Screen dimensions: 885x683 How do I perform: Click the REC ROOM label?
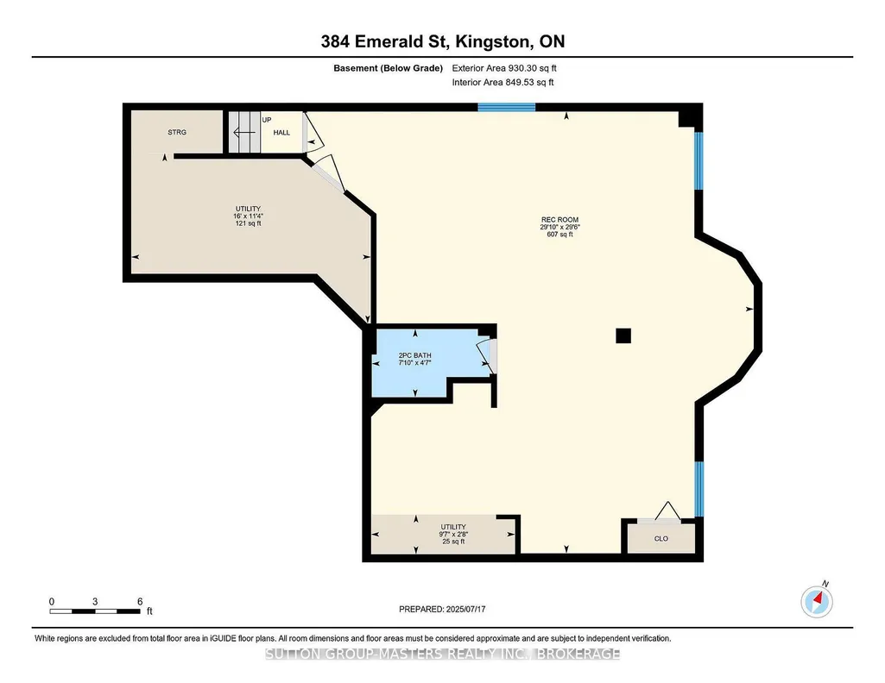click(559, 220)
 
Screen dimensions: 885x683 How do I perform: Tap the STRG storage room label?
click(177, 133)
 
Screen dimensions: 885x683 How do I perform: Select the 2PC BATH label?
click(414, 355)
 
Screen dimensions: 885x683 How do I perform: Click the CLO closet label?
click(661, 539)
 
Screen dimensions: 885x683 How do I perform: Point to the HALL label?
click(281, 133)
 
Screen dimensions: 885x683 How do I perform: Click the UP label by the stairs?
click(267, 120)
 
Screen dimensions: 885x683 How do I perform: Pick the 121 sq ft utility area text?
click(249, 223)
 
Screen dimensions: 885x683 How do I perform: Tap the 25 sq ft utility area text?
click(453, 542)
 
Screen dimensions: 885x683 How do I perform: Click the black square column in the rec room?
click(623, 335)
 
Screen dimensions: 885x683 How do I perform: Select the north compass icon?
click(817, 601)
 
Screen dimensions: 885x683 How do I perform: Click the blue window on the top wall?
click(506, 107)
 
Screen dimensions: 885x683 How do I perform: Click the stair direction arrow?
click(243, 133)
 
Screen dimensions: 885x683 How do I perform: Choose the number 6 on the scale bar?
click(140, 601)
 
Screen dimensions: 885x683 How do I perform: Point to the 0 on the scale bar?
click(52, 601)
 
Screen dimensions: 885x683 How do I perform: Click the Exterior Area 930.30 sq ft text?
click(504, 68)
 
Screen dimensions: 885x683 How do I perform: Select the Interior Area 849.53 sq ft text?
click(503, 82)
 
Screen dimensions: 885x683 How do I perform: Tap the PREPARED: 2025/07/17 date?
click(442, 609)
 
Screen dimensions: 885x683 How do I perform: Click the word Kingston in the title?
click(493, 41)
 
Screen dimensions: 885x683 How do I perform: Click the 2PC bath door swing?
click(486, 355)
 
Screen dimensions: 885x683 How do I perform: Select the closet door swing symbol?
click(667, 511)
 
